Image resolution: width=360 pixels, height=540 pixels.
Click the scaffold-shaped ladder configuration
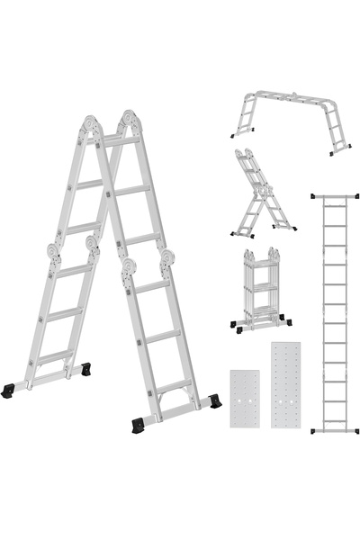point(288,117)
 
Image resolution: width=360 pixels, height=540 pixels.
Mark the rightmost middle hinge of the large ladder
point(167,262)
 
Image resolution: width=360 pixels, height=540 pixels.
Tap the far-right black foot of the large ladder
point(214,402)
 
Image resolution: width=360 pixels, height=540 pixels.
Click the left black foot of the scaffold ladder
point(235,135)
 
